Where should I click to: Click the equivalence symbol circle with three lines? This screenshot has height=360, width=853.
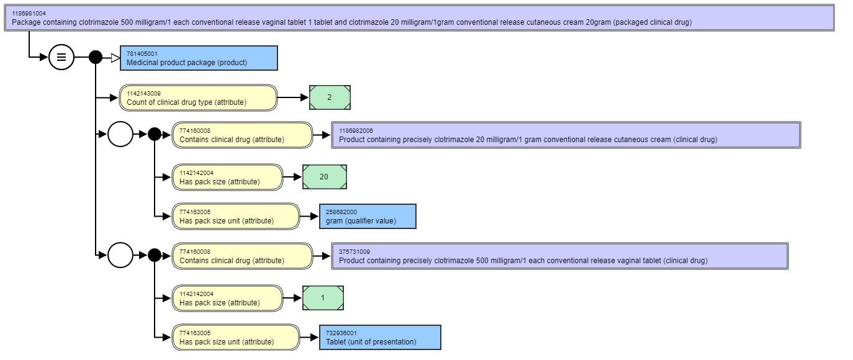(x=61, y=57)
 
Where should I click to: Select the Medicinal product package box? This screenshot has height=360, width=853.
(x=199, y=58)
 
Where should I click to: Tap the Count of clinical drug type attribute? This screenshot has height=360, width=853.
(x=199, y=98)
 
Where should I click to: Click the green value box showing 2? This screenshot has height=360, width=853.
(x=330, y=97)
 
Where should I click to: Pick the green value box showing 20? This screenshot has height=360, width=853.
(x=325, y=177)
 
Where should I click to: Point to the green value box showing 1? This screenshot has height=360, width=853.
(x=323, y=298)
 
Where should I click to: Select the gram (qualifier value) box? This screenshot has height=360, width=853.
(x=368, y=217)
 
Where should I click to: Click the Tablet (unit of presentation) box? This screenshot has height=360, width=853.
(x=380, y=338)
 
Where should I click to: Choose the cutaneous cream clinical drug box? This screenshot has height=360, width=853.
(x=566, y=135)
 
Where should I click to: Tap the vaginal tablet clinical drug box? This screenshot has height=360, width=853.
(x=560, y=256)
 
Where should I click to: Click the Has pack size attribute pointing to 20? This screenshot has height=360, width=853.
(x=227, y=178)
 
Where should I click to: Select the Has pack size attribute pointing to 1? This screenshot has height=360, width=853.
(x=227, y=299)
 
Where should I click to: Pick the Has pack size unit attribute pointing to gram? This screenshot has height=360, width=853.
(x=236, y=217)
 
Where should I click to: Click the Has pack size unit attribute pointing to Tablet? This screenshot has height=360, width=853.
(x=236, y=338)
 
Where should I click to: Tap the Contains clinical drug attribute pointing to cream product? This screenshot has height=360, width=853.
(x=242, y=135)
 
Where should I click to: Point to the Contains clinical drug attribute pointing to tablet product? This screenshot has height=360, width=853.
(x=242, y=256)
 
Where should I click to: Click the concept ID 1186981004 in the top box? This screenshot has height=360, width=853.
(x=29, y=14)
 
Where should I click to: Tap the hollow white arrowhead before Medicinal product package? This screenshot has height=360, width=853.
(x=115, y=58)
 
